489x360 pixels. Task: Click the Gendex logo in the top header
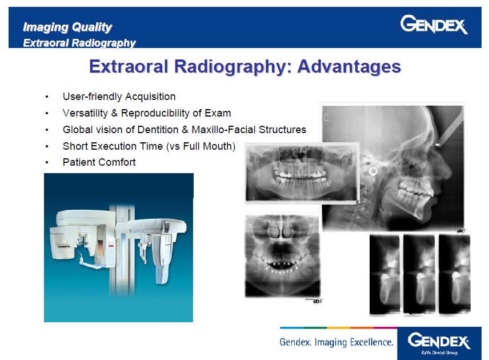pos(434,25)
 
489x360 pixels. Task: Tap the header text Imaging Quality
pos(67,27)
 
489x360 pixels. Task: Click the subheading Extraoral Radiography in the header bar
pos(79,43)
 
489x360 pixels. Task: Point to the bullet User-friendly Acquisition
pos(119,97)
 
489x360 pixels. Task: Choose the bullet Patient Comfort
pos(99,162)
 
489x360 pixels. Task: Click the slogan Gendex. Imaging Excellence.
pos(336,342)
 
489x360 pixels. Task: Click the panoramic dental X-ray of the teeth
pos(301,173)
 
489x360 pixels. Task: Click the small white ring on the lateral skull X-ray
pos(374,170)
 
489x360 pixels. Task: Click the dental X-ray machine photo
pos(118,247)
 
